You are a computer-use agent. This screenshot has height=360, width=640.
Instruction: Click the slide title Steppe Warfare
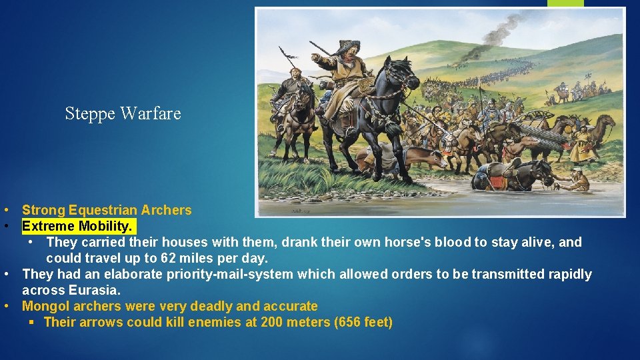[123, 113]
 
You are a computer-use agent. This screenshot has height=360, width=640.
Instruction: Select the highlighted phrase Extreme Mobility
[79, 226]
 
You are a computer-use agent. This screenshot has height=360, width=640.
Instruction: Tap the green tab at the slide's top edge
[565, 3]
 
